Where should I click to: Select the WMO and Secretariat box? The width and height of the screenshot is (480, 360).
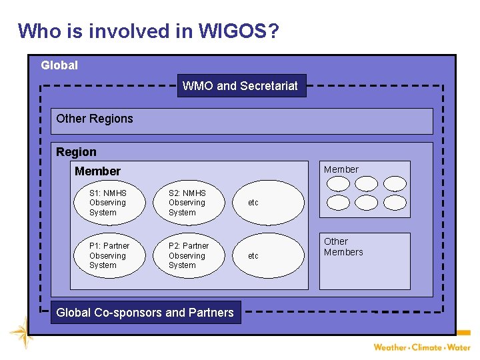pyautogui.click(x=241, y=85)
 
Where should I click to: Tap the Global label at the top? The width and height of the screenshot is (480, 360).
pyautogui.click(x=59, y=65)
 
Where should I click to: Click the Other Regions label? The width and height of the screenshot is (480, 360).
pyautogui.click(x=95, y=119)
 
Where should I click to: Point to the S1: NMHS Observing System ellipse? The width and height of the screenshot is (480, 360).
pyautogui.click(x=107, y=203)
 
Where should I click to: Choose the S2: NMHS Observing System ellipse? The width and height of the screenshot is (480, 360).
pyautogui.click(x=187, y=203)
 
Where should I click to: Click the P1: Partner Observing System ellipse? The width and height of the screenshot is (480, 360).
pyautogui.click(x=107, y=255)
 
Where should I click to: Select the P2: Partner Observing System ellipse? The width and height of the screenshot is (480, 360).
pyautogui.click(x=188, y=255)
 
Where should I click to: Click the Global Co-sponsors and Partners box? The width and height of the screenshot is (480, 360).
pyautogui.click(x=145, y=312)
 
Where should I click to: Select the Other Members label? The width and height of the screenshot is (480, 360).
pyautogui.click(x=343, y=247)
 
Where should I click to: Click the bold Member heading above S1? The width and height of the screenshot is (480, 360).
pyautogui.click(x=97, y=171)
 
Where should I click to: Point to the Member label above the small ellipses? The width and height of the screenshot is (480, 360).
pyautogui.click(x=341, y=169)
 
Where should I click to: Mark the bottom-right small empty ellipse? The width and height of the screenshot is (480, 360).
pyautogui.click(x=395, y=202)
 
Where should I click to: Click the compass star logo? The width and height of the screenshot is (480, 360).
pyautogui.click(x=22, y=332)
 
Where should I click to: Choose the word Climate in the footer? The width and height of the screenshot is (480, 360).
pyautogui.click(x=427, y=347)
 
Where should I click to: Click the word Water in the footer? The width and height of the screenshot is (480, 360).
pyautogui.click(x=459, y=347)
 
